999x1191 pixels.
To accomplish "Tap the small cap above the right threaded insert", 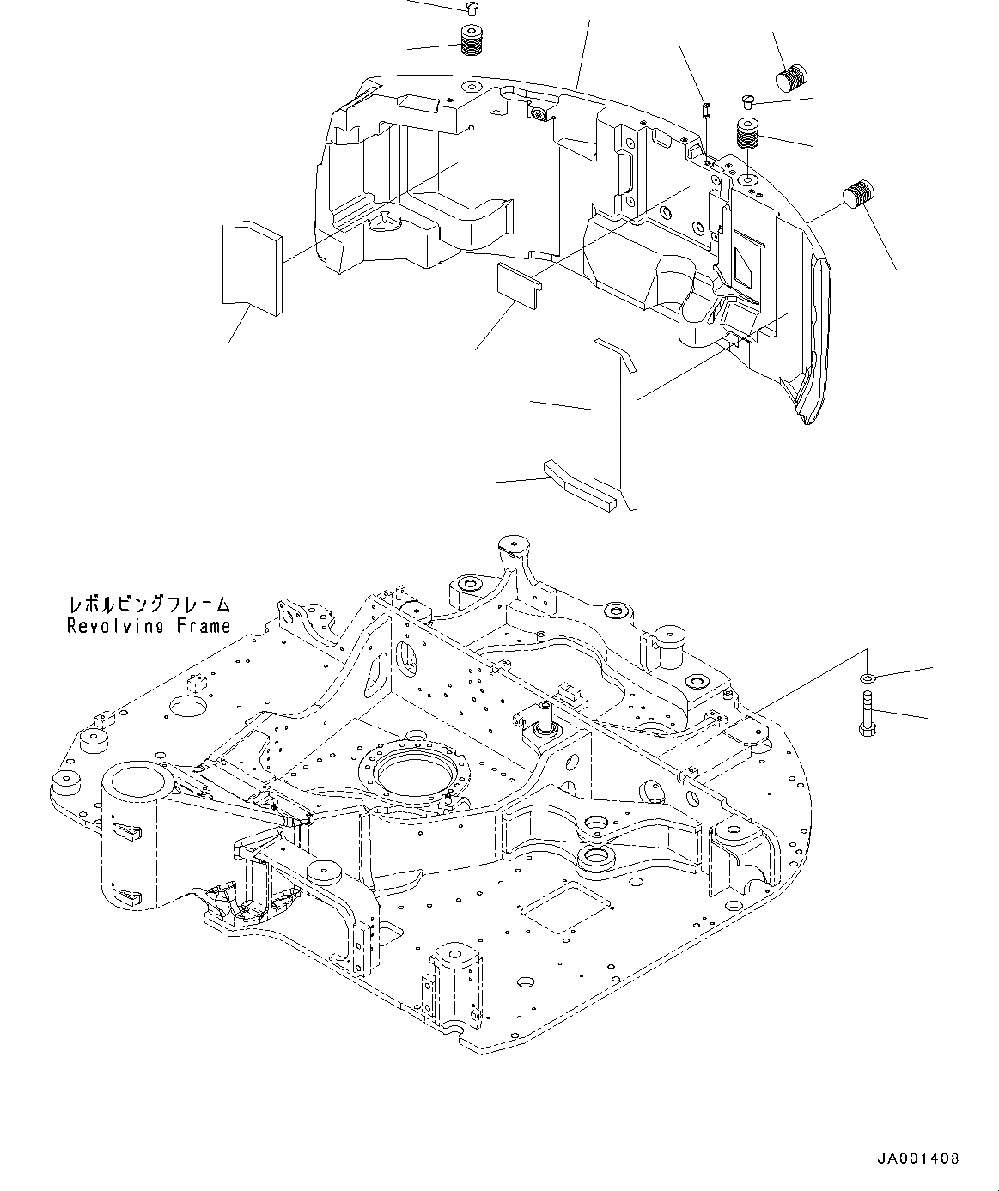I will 747,101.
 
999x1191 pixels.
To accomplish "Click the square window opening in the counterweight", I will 745,259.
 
